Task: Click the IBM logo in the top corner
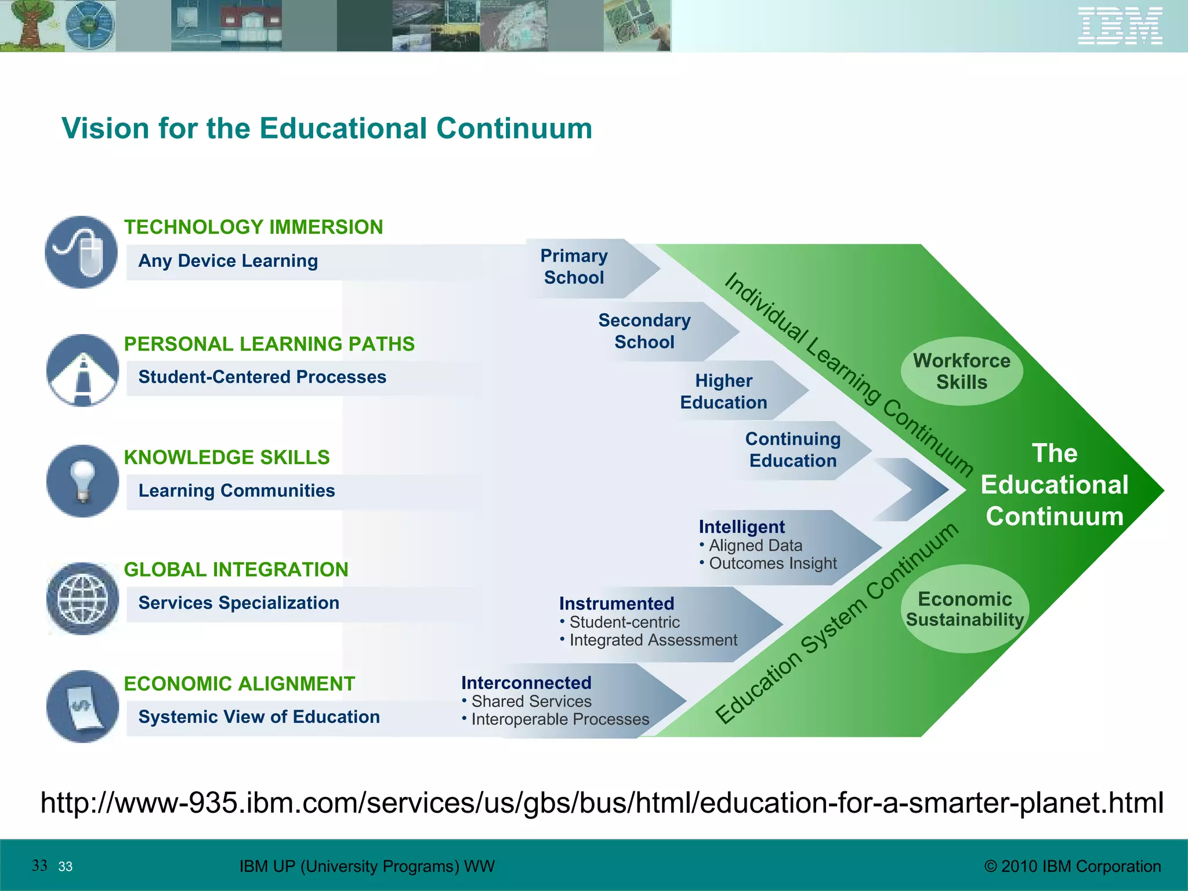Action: pos(1120,26)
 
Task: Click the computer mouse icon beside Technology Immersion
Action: pos(82,252)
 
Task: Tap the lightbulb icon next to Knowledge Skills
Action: pos(82,481)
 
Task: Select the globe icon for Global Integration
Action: pos(82,598)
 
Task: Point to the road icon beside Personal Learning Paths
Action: pos(82,370)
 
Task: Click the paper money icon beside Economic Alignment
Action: pos(82,707)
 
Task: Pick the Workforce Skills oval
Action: pos(961,371)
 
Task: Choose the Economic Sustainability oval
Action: pos(965,609)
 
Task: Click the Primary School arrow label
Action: pos(574,267)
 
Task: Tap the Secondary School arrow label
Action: pos(644,331)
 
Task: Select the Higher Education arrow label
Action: pos(723,392)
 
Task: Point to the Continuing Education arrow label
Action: pos(792,450)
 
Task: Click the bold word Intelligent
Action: pos(741,527)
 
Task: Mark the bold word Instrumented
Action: pos(617,603)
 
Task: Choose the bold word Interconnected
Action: pos(526,683)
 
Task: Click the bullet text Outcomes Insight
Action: pos(773,563)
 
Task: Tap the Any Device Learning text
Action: pos(228,261)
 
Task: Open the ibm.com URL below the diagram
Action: pos(602,803)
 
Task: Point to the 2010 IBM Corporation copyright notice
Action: pos(1073,867)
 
